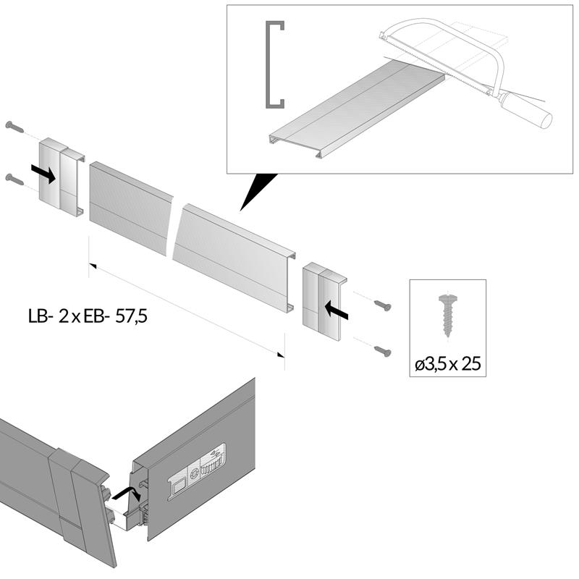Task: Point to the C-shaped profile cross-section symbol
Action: coord(274,66)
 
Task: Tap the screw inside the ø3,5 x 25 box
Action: coord(446,313)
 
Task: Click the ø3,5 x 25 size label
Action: coord(448,364)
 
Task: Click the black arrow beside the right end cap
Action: coord(337,311)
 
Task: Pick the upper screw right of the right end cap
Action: coord(384,306)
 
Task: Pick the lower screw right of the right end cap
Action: coord(383,352)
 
